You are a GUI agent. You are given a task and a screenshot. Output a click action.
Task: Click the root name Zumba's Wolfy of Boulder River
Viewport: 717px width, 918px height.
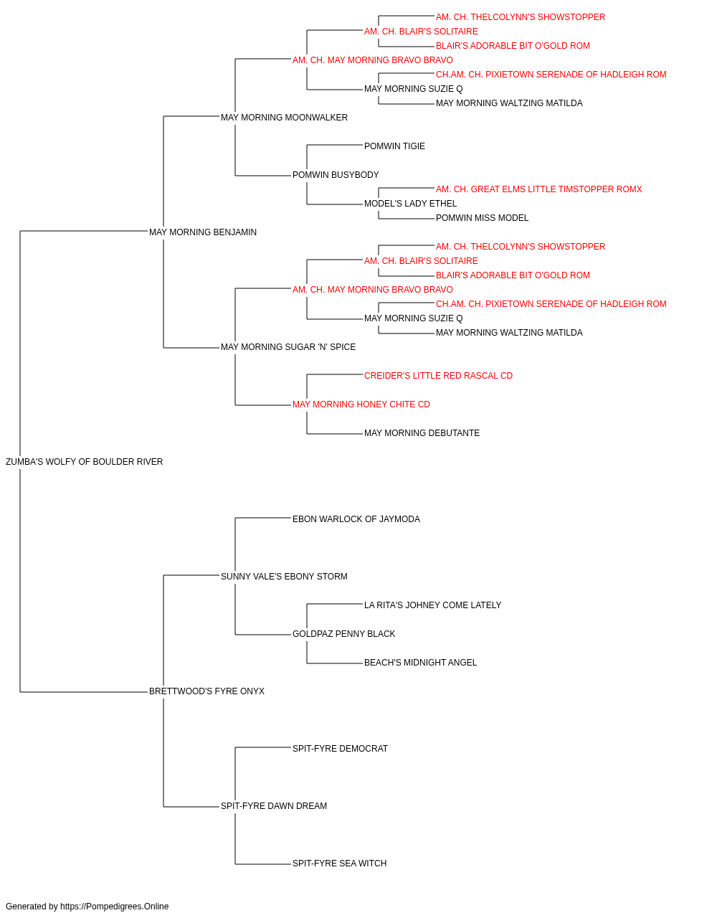pos(84,462)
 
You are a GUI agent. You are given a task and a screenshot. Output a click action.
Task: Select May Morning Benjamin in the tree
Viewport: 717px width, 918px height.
pos(203,232)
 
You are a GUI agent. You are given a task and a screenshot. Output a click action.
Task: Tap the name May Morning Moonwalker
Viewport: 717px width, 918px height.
pos(284,118)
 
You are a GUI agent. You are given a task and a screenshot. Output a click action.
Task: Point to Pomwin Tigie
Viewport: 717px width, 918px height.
pos(394,146)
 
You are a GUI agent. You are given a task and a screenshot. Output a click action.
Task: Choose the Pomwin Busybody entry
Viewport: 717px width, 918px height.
pos(336,175)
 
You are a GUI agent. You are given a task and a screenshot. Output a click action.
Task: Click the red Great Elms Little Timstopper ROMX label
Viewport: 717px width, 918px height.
pos(538,189)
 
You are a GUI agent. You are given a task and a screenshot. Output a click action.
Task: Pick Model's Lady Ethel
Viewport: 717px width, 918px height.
pos(410,204)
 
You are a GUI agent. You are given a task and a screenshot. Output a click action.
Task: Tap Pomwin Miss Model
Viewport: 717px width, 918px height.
pos(483,218)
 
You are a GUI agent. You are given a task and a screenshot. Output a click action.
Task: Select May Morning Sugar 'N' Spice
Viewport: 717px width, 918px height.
pos(288,347)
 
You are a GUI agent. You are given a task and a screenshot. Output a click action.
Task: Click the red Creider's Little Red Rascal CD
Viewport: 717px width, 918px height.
pos(438,376)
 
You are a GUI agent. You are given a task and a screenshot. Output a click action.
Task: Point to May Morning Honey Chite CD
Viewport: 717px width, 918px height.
pos(361,404)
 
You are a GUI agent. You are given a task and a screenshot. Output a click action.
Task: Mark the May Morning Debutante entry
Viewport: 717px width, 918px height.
pos(422,433)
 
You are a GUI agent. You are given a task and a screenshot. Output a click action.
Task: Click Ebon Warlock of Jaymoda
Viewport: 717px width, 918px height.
pos(356,519)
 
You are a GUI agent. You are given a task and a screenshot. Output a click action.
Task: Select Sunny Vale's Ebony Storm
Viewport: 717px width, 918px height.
pos(284,577)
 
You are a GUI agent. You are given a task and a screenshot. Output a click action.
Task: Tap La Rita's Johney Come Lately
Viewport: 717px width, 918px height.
pos(433,605)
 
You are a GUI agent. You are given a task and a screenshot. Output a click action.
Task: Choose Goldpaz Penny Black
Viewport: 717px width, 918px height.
pos(343,634)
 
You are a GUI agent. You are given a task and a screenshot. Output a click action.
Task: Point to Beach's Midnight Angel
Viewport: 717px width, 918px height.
pos(421,663)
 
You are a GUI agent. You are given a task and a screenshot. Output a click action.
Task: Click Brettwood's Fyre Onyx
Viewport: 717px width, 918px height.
pos(206,691)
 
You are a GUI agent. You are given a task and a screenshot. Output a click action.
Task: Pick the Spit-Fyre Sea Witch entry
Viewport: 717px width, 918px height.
pos(339,863)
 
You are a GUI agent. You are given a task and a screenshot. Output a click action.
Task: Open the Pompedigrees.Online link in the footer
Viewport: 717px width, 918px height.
pos(115,907)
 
